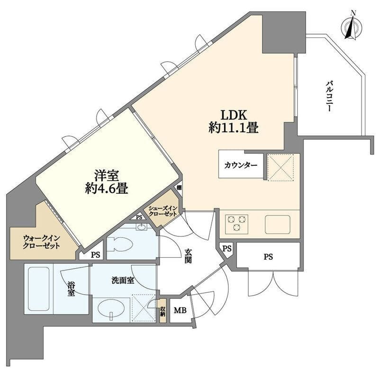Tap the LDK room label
point(234,115)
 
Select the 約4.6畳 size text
point(106,189)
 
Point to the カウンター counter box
point(241,164)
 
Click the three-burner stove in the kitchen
point(236,224)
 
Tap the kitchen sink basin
point(278,224)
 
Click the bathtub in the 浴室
point(39,289)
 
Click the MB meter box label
point(180,310)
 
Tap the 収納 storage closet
point(162,311)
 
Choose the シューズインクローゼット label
point(162,211)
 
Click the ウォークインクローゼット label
point(41,242)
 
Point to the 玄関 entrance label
point(188,256)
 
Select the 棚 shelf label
point(179,187)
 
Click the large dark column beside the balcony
point(284,32)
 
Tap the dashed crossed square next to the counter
point(281,167)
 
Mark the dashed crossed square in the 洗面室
point(144,308)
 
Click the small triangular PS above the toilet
point(139,217)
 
